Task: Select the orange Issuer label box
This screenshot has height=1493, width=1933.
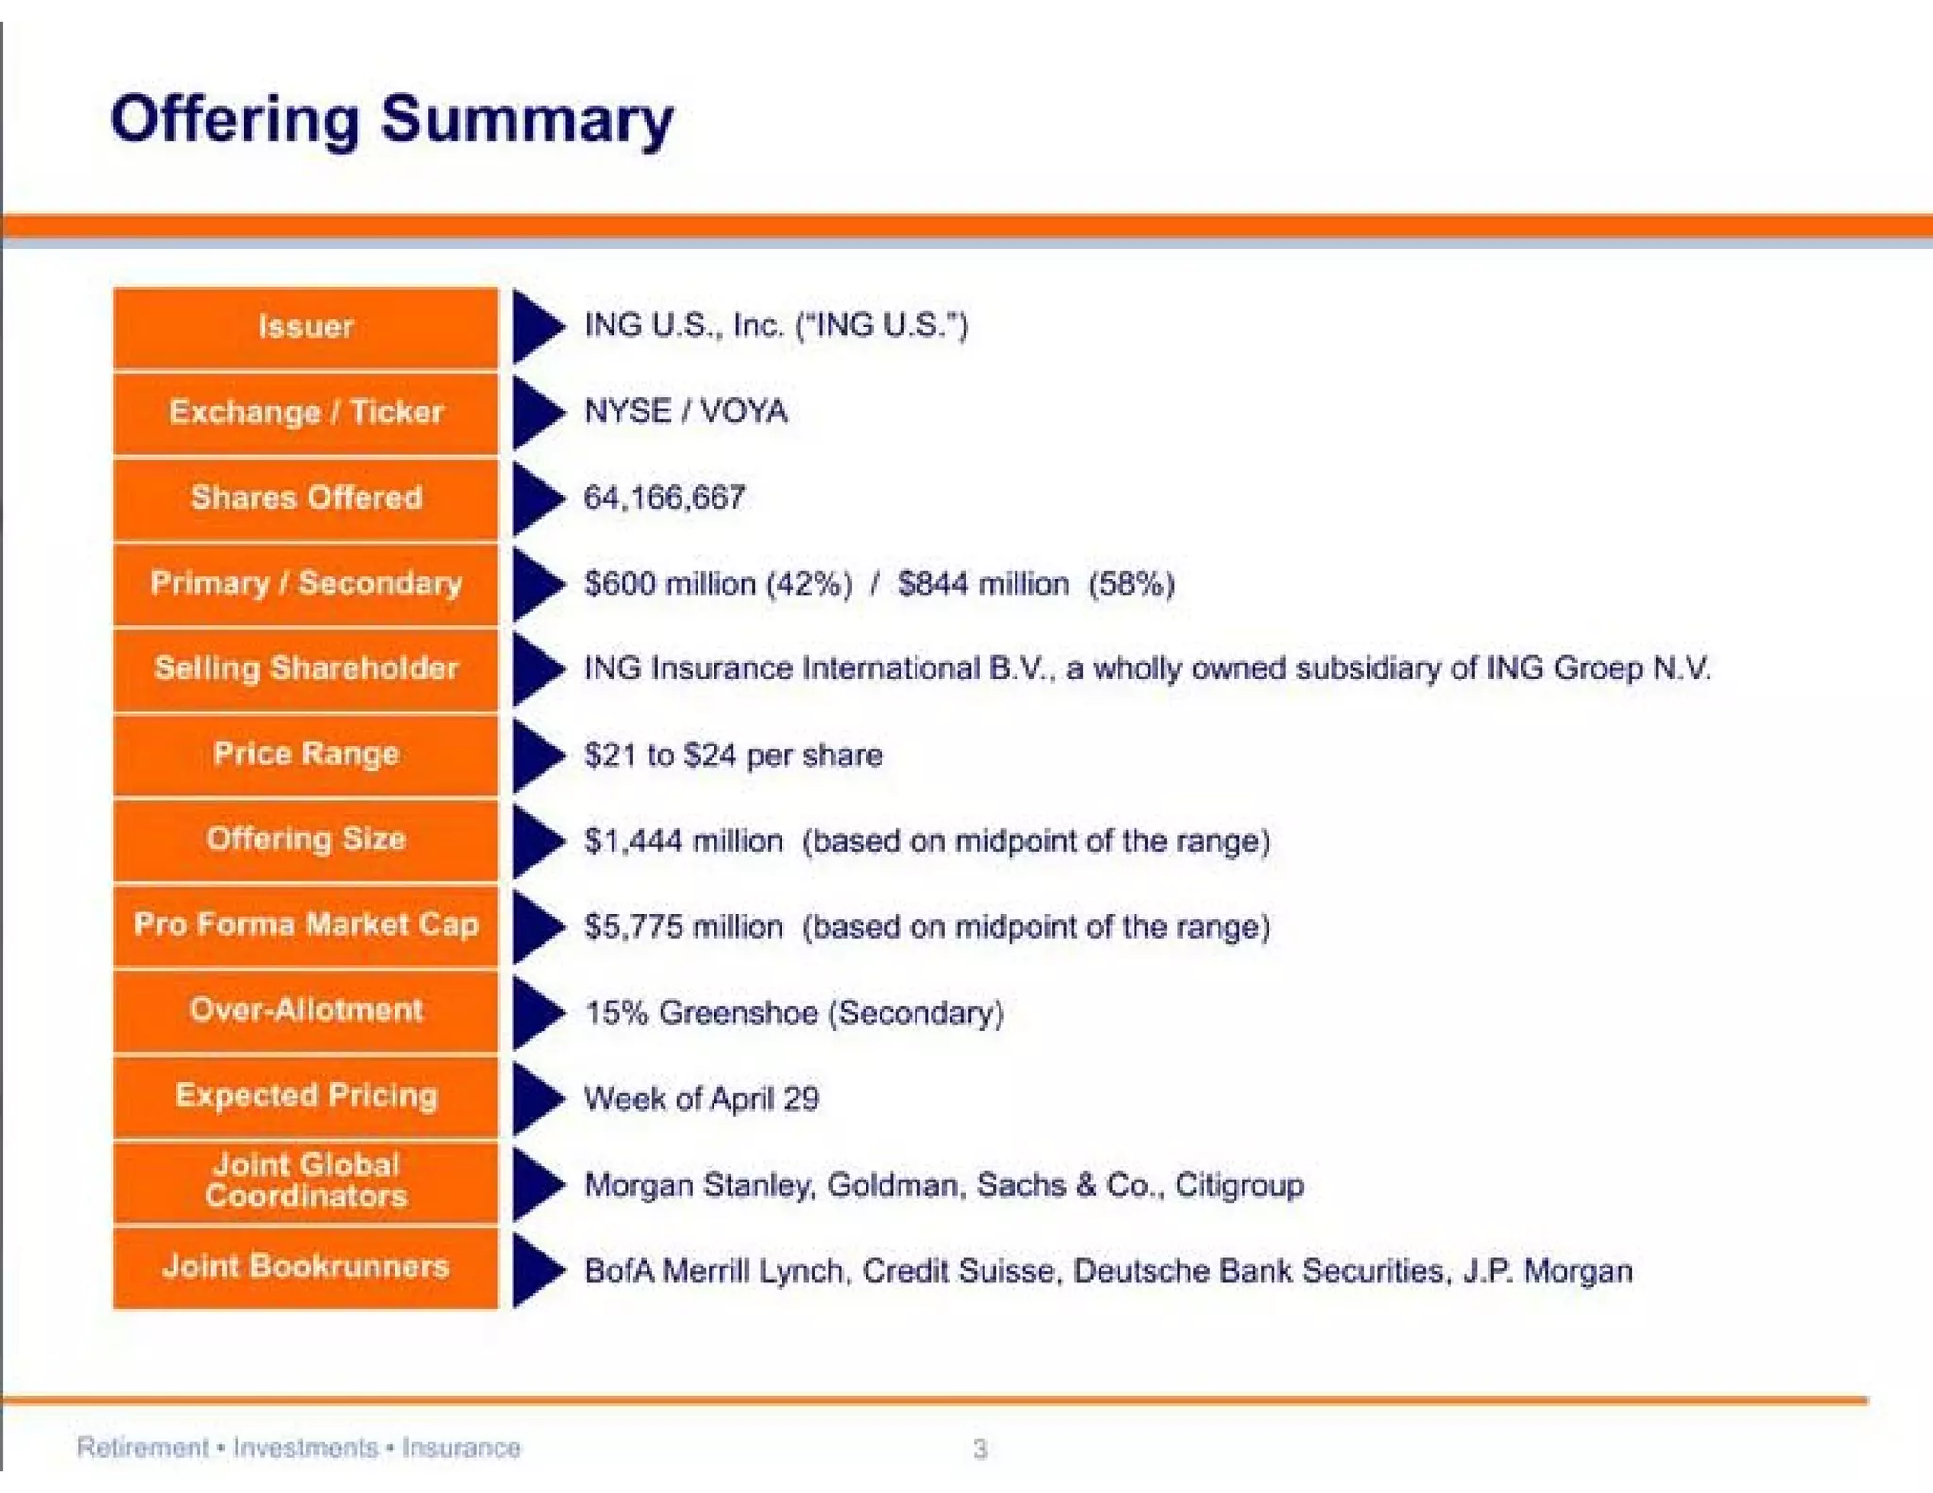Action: (x=306, y=327)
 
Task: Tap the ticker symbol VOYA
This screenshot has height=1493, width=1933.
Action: (x=744, y=411)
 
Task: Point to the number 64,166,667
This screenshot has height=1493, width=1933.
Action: (x=664, y=497)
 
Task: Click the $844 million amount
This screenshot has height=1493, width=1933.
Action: (x=983, y=583)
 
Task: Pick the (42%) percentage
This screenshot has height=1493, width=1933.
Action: (x=810, y=583)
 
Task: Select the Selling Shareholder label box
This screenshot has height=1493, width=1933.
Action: (x=306, y=669)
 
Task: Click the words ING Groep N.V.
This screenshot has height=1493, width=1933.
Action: (x=1598, y=668)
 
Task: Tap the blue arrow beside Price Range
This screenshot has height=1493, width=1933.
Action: (x=537, y=755)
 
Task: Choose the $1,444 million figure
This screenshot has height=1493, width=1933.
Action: (x=683, y=841)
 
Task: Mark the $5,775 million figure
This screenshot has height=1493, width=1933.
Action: (x=683, y=927)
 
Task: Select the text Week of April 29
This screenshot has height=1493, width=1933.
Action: (x=701, y=1099)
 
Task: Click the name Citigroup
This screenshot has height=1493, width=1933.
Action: (x=1239, y=1184)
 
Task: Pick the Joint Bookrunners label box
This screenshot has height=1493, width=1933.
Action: (x=306, y=1267)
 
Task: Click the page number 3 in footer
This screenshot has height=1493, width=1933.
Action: (x=980, y=1449)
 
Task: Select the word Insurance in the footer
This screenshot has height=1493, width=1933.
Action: (x=461, y=1448)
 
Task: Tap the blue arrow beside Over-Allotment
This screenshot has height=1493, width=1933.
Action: (x=537, y=1013)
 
